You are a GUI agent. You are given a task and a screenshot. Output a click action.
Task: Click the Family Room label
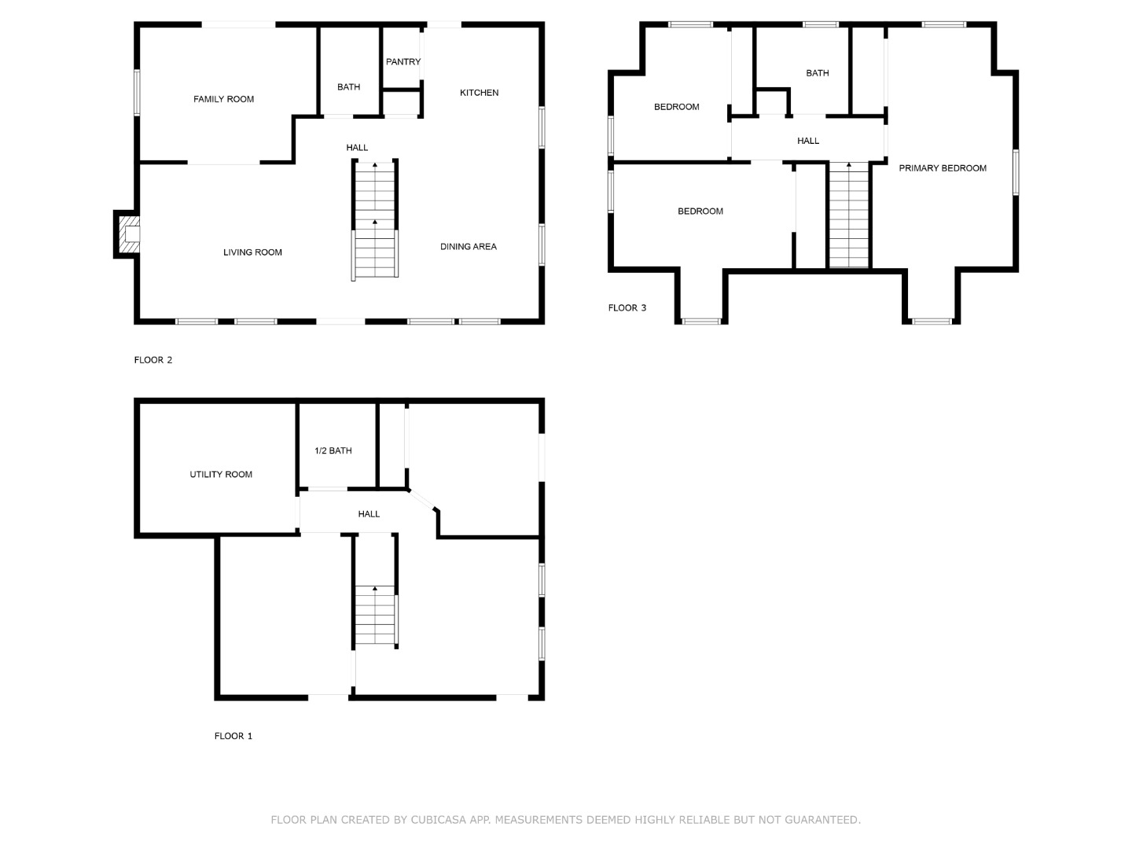(223, 99)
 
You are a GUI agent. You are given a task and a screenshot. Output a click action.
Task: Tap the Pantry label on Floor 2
(402, 61)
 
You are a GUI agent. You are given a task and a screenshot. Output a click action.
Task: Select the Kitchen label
(479, 93)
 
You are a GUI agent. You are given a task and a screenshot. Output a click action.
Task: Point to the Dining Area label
(468, 247)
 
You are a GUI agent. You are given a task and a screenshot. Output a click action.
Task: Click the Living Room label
(252, 252)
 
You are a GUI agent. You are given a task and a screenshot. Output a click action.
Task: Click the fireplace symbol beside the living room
(128, 234)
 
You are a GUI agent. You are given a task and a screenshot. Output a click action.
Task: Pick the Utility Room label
(221, 475)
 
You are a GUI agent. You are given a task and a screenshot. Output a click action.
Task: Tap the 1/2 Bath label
(333, 451)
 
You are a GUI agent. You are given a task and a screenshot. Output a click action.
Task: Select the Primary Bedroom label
(943, 168)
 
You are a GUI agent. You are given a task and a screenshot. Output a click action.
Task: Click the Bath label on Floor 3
(817, 73)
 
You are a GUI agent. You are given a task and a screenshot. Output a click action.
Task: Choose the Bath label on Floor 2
(348, 87)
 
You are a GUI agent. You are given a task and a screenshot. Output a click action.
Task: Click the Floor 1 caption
(233, 737)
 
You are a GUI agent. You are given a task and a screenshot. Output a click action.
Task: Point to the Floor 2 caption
(153, 360)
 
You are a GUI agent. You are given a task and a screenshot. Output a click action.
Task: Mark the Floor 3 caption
(627, 308)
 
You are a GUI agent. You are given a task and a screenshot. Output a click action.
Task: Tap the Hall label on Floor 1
(369, 514)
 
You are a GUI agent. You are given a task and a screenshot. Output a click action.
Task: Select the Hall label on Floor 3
(807, 141)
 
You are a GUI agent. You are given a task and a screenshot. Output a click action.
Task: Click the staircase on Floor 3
(848, 216)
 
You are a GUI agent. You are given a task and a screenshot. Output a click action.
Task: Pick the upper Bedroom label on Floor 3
(676, 107)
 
